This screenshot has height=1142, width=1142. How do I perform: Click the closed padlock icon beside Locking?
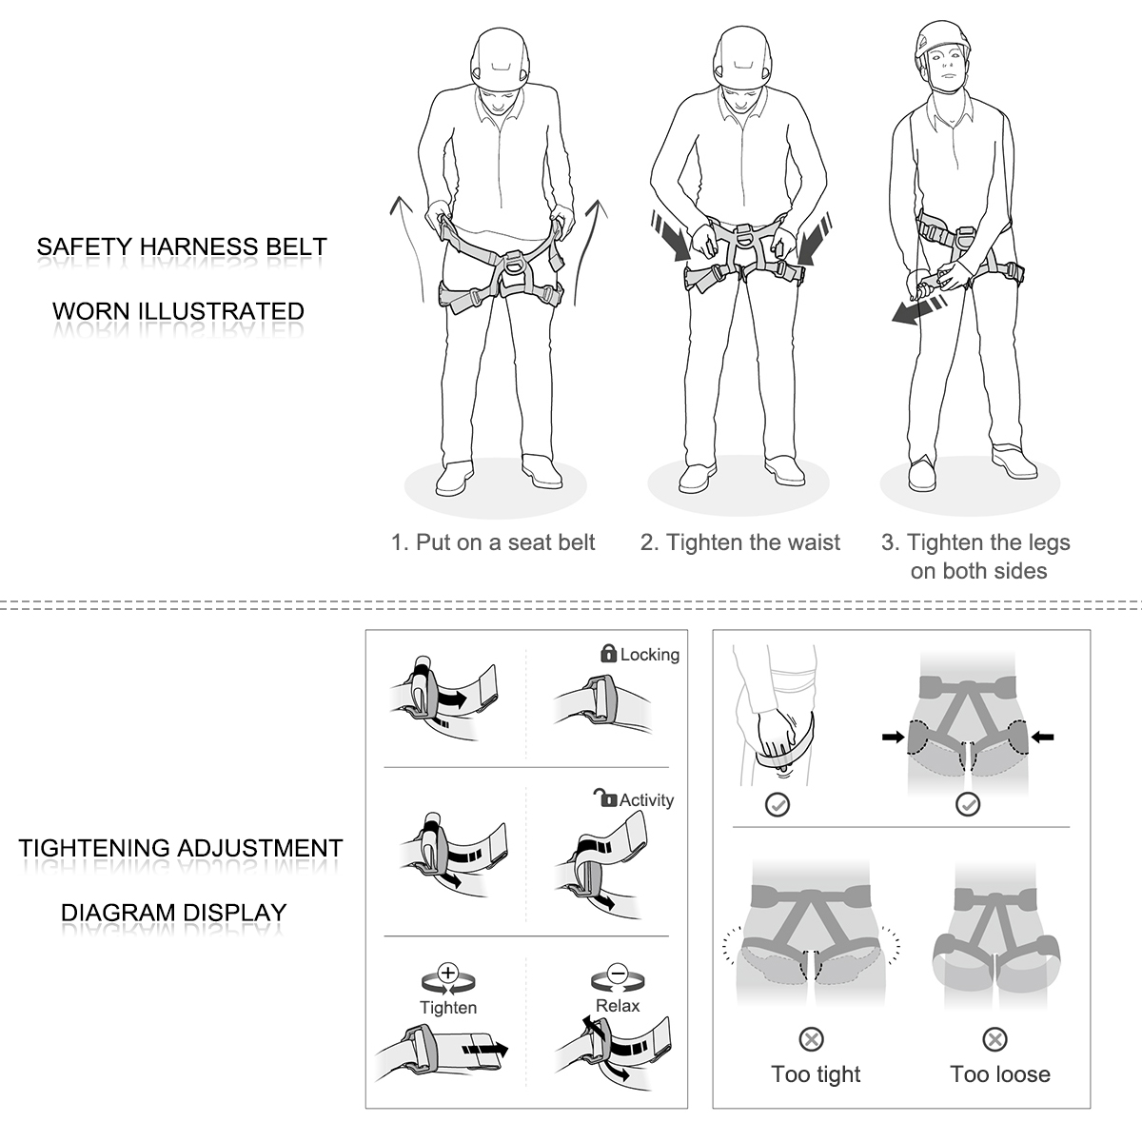[x=608, y=653]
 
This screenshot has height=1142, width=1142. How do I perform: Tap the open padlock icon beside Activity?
[x=605, y=797]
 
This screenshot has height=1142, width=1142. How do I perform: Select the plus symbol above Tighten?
[x=448, y=974]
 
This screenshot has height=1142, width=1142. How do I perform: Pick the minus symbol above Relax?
[x=618, y=974]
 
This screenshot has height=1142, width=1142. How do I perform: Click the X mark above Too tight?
[x=811, y=1039]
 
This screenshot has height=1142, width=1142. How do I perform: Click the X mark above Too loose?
[x=994, y=1039]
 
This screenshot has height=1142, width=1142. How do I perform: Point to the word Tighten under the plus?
[x=448, y=1008]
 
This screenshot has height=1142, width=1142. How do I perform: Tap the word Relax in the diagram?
[x=618, y=1006]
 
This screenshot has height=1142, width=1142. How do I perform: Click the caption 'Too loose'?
[x=1000, y=1073]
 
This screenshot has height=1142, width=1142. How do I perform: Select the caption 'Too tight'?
[x=816, y=1074]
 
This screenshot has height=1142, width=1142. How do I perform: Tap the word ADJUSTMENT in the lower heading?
[x=260, y=848]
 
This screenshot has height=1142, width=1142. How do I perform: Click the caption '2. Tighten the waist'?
[x=739, y=542]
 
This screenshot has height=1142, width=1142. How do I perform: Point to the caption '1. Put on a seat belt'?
[x=493, y=542]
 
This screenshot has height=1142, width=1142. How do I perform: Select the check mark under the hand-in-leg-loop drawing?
[x=777, y=804]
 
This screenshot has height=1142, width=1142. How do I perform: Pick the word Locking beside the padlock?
[x=650, y=655]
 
